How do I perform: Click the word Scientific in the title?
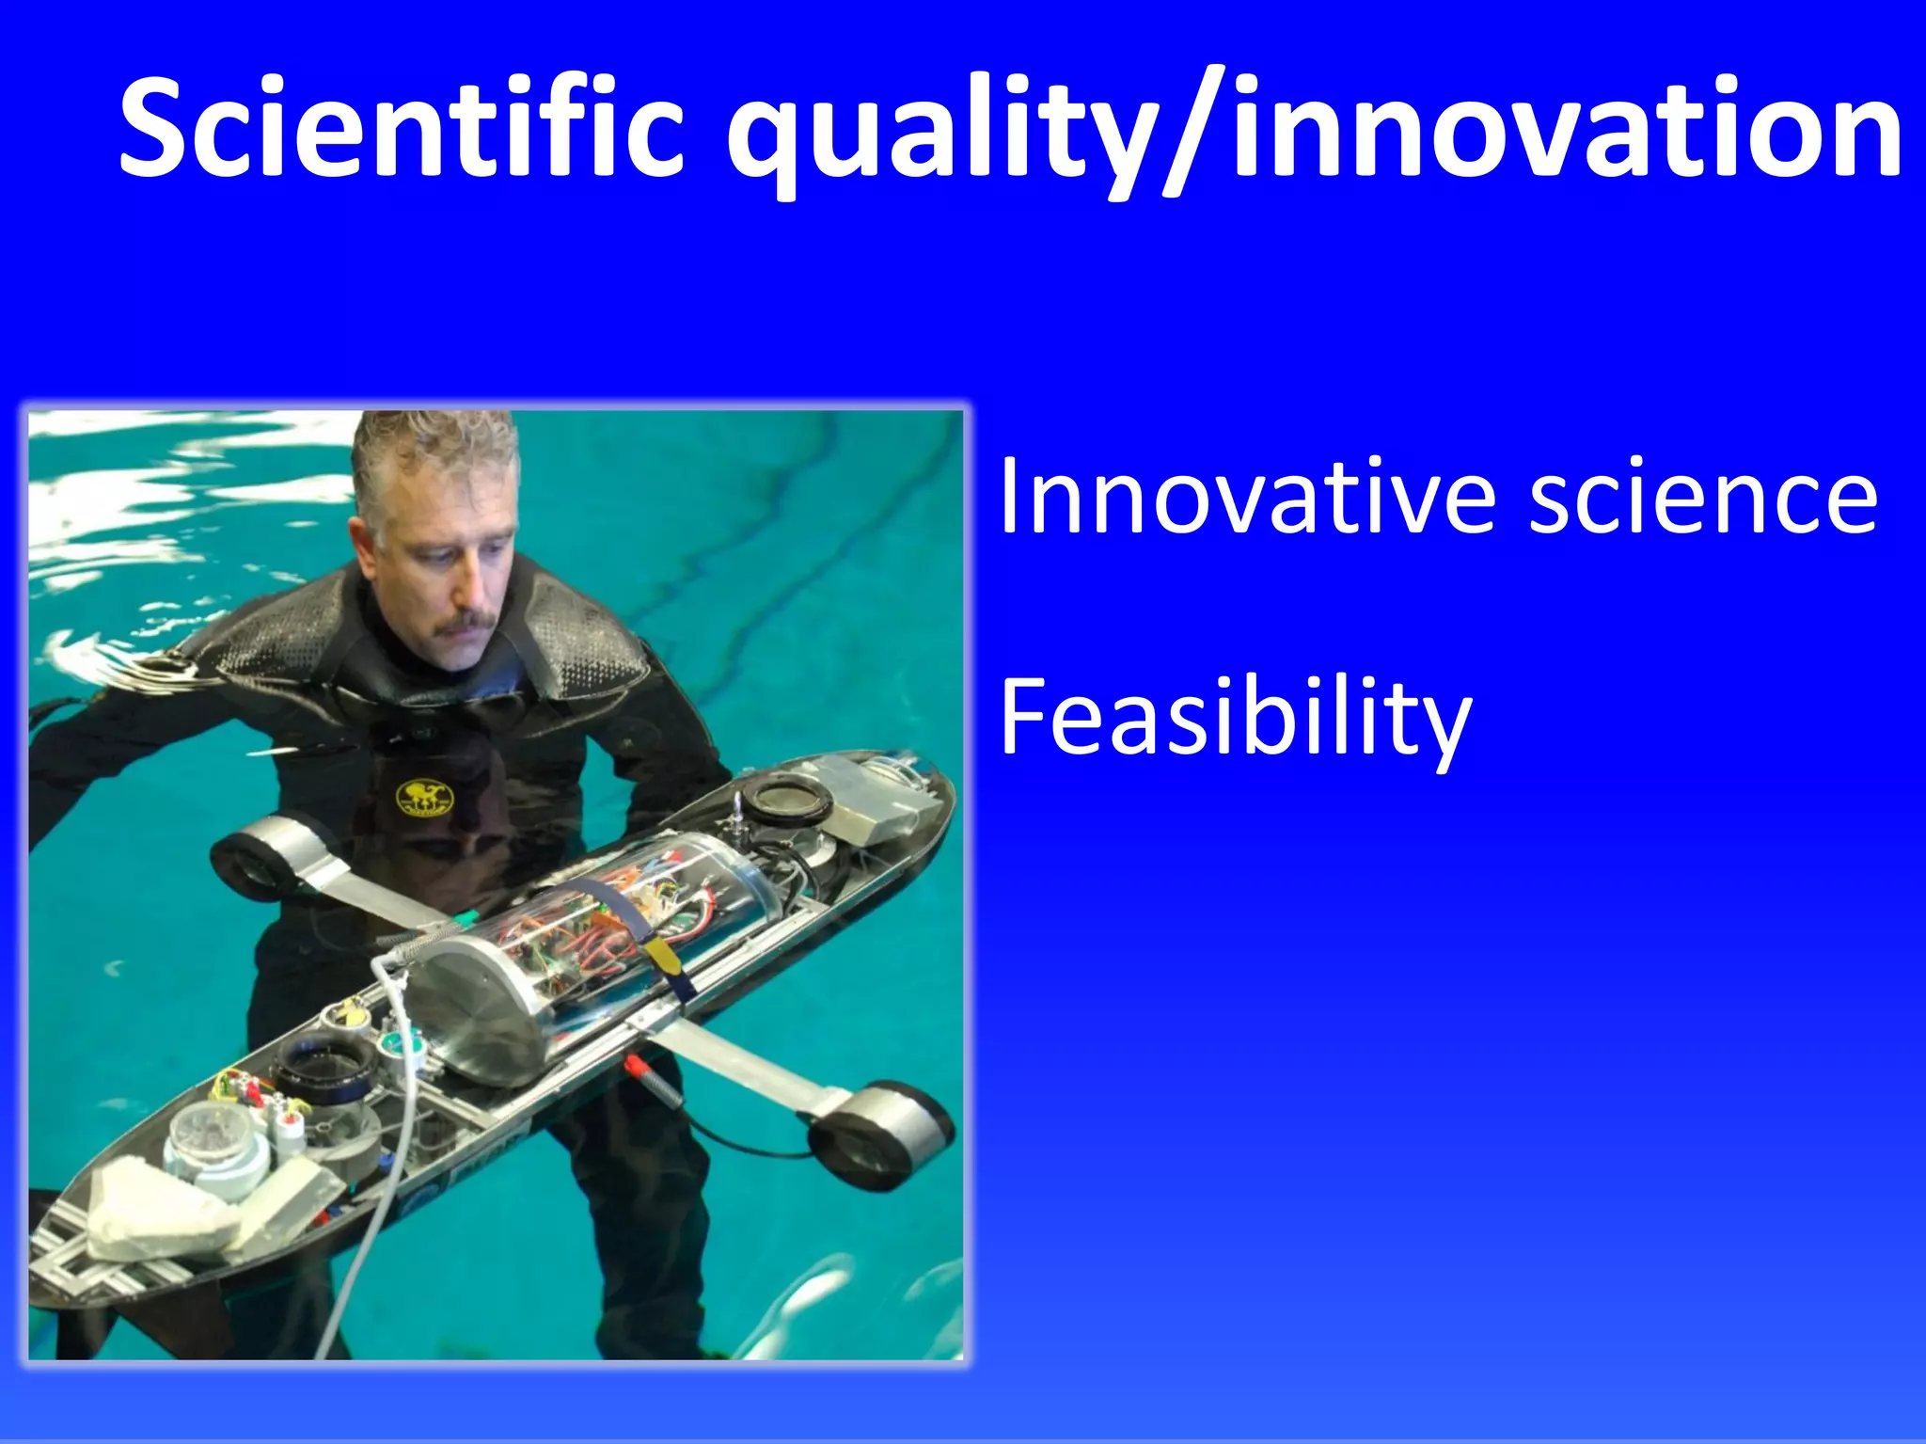[400, 127]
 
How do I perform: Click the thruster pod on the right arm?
[879, 1134]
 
